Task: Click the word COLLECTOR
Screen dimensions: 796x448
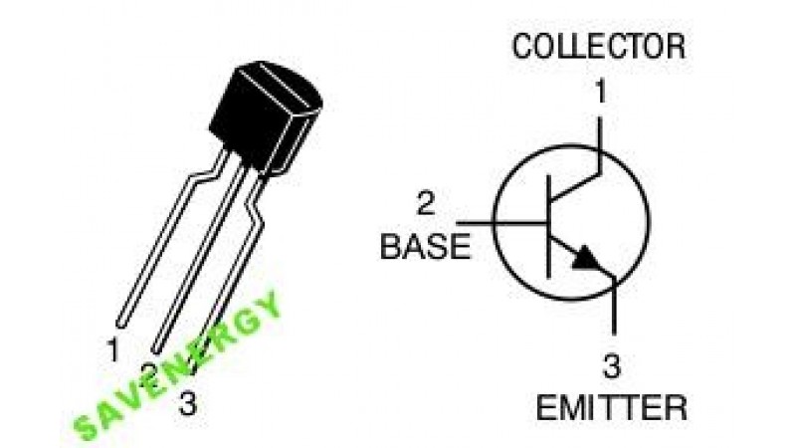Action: tap(599, 46)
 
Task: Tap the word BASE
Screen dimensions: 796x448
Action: tap(426, 247)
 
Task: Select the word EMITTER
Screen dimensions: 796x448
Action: tap(612, 407)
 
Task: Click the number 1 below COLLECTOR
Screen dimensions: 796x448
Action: tap(601, 92)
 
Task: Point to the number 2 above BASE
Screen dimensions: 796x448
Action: tap(426, 203)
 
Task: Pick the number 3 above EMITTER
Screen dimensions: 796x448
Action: tap(611, 365)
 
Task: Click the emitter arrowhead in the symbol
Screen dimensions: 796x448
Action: tap(588, 258)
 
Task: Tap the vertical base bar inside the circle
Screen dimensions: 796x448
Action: tap(548, 226)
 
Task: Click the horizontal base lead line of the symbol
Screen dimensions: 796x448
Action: tap(501, 222)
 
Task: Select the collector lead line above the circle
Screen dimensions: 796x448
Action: tap(600, 132)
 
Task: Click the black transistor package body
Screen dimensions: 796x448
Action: tap(266, 116)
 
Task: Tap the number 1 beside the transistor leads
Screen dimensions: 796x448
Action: tap(112, 349)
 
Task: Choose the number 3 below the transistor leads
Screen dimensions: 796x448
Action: tap(187, 405)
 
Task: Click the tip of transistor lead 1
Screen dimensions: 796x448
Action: tap(120, 325)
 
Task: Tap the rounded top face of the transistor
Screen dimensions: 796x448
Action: tap(280, 84)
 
